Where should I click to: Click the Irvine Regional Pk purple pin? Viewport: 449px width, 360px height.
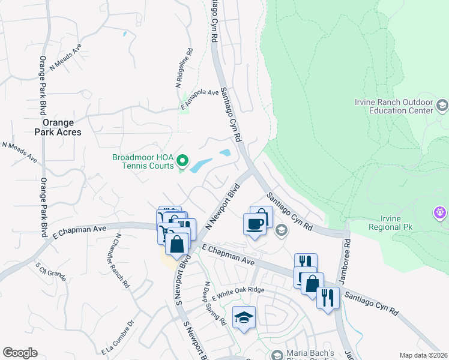coord(441,212)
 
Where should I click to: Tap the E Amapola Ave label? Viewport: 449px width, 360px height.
coord(200,100)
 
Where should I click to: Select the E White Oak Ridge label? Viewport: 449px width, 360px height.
coord(238,290)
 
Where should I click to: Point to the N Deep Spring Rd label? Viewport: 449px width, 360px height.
coord(214,304)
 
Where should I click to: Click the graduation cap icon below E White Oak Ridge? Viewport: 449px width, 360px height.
coord(244,317)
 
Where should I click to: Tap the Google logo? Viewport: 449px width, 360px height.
coord(20,353)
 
